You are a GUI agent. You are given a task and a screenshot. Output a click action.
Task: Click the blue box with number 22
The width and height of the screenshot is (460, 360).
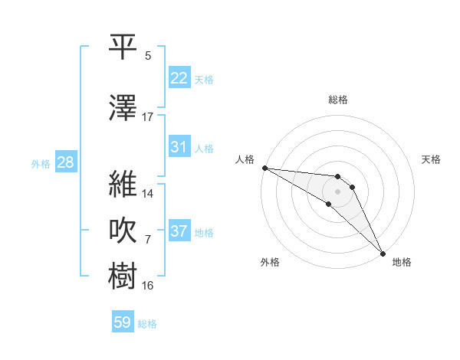[x=179, y=78]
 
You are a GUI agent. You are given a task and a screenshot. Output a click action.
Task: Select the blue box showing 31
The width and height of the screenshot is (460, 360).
[x=179, y=147]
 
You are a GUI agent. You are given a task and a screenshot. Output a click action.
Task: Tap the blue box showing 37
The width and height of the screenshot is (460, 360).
[x=179, y=231]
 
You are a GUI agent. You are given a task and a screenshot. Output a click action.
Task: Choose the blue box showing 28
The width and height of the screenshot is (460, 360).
[x=64, y=162]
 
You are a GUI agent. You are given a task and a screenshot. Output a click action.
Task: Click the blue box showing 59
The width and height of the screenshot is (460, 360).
[x=123, y=322]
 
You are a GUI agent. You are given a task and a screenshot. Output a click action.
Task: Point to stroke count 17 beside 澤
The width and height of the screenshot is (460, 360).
[x=148, y=117]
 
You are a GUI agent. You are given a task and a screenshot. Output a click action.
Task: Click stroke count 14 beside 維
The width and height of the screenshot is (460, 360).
[x=148, y=193]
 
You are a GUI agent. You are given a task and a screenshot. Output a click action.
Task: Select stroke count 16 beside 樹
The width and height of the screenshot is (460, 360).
[x=148, y=286]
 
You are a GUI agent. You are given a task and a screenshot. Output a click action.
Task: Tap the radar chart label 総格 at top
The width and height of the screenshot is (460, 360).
[x=338, y=100]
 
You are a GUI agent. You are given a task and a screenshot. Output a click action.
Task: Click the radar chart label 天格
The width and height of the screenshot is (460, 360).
[x=432, y=159]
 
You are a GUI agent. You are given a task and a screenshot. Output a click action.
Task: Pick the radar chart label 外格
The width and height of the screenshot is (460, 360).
[x=270, y=262]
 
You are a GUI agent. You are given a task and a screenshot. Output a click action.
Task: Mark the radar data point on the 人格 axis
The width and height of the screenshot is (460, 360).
[x=264, y=168]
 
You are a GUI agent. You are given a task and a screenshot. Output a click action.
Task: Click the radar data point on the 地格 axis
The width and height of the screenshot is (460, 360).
[x=383, y=252]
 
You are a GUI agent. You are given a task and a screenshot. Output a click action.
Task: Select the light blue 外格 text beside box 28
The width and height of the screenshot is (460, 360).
[x=41, y=163]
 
